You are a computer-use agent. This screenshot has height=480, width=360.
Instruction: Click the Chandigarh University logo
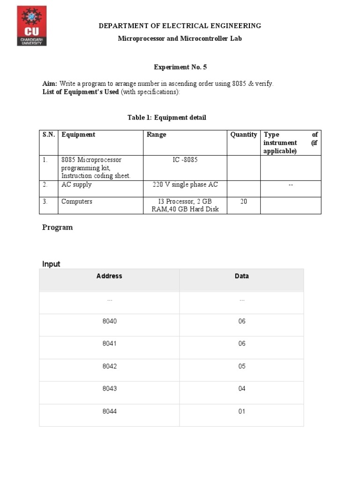coord(32,26)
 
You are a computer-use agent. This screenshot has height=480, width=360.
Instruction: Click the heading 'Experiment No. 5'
coord(180,67)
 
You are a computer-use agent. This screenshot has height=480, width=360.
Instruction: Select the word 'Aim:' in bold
coord(50,83)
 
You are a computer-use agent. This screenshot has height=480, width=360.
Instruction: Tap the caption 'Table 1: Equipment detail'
coord(167,118)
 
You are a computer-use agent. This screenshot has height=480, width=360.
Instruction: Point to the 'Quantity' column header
coord(243,135)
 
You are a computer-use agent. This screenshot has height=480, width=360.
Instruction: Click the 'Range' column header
coord(156,135)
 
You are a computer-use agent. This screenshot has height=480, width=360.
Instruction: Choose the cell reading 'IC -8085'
coord(185,160)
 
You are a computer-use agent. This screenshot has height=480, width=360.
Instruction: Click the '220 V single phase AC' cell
coord(185,185)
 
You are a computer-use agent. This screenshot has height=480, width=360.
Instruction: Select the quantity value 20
coord(243,202)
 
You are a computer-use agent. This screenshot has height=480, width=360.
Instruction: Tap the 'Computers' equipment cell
coord(77,202)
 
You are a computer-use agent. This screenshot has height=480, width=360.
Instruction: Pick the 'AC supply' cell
coord(76,185)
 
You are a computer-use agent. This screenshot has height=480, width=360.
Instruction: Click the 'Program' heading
coord(58,227)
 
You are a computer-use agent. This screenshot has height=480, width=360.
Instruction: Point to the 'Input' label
coord(51,264)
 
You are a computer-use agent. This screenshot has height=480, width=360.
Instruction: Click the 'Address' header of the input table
coord(109,276)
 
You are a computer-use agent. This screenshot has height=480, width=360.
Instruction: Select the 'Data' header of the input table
coord(242,276)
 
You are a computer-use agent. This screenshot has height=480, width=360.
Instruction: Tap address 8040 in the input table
coord(110,321)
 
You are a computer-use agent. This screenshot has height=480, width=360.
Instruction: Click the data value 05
coord(242,366)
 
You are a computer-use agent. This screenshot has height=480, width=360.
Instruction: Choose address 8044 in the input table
coord(110,412)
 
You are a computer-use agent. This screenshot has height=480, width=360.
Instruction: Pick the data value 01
coord(242,412)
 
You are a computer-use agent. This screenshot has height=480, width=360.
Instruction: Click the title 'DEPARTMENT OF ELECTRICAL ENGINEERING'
coord(180,26)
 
